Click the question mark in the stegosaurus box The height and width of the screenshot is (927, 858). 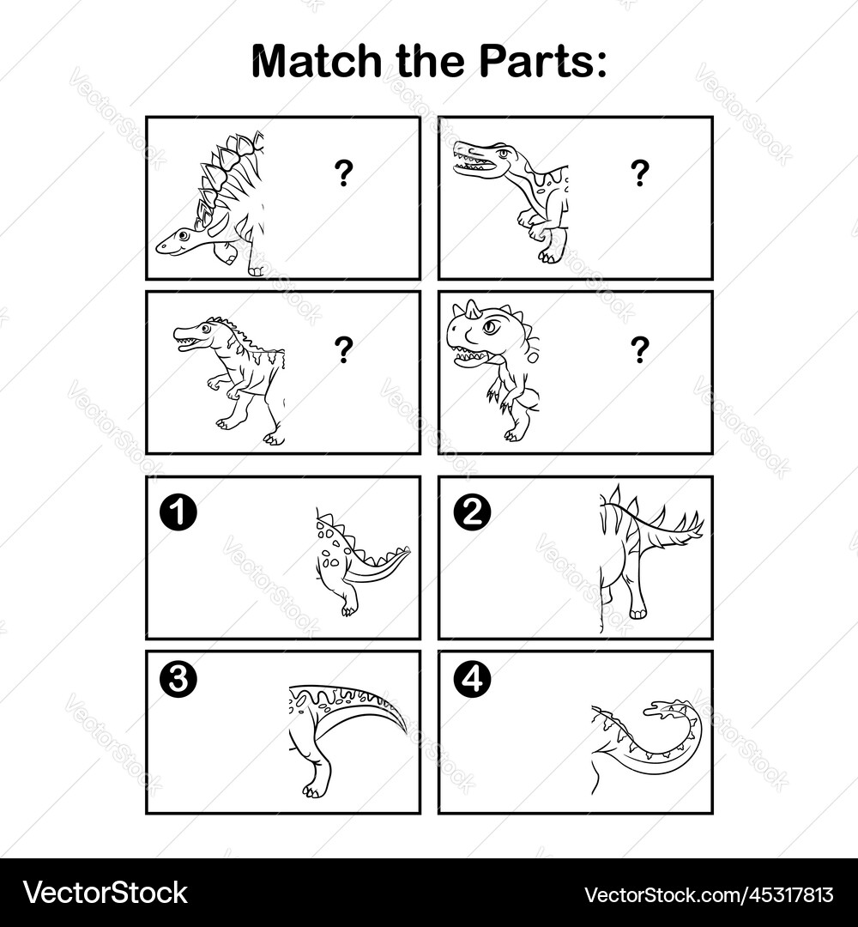click(x=343, y=174)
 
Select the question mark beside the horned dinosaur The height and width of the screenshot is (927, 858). click(x=639, y=349)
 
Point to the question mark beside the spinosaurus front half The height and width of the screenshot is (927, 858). click(x=639, y=174)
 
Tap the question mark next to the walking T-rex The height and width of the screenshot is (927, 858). click(x=343, y=349)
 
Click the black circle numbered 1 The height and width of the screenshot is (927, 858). click(x=178, y=512)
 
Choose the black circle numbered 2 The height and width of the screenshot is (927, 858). click(x=471, y=512)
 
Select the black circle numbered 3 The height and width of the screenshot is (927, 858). click(x=178, y=680)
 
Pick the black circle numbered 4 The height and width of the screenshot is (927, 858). click(x=471, y=680)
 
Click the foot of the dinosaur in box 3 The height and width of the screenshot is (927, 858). click(x=316, y=788)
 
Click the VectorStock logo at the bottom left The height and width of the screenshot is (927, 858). click(x=105, y=893)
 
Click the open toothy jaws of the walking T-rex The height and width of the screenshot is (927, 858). click(x=188, y=340)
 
